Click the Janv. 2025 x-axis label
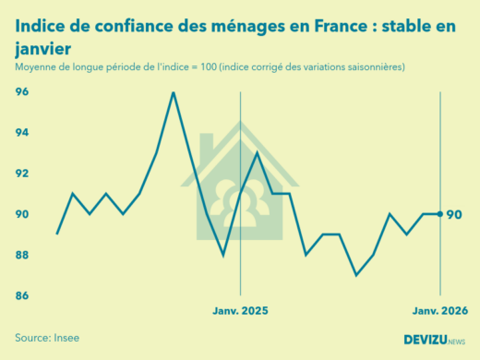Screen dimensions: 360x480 240,312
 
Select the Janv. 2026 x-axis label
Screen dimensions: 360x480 438,312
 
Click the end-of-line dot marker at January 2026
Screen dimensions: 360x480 439,214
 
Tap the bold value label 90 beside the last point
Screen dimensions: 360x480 454,214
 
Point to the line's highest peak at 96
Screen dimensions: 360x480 173,92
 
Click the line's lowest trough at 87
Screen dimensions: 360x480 356,275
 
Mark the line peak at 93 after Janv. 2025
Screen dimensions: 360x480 257,153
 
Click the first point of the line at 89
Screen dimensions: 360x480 57,234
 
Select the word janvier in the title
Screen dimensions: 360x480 44,47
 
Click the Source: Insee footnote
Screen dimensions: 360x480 47,338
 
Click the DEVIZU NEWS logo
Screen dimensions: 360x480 434,339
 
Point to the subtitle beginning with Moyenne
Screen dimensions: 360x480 210,68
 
